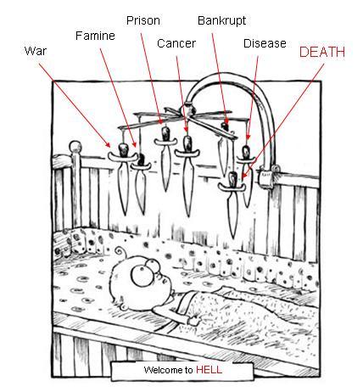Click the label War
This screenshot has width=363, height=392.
[36, 51]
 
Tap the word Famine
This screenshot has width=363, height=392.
[95, 36]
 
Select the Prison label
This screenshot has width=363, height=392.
[143, 20]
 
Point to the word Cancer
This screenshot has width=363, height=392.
[176, 43]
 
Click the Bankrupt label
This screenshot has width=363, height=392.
[222, 20]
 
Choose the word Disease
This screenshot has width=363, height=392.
[265, 43]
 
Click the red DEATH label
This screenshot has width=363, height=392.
[322, 52]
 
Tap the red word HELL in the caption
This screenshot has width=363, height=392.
[209, 370]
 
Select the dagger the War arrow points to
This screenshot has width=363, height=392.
[123, 176]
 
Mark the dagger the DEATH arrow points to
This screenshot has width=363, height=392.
[232, 201]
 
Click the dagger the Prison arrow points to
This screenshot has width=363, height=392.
[165, 157]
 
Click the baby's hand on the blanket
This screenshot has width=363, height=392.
[195, 321]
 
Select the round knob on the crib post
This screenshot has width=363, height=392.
[75, 147]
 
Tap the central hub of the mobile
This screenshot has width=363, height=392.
[187, 109]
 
